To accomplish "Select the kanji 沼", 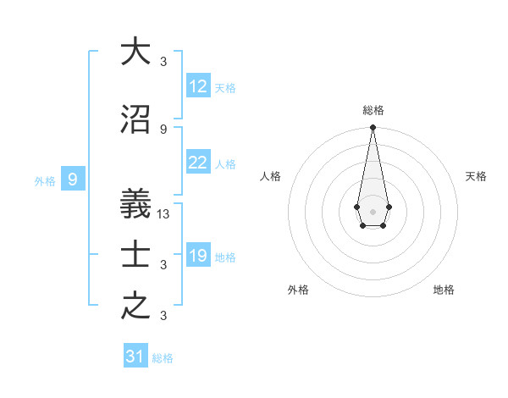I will coord(135,119).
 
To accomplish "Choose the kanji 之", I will coord(135,307).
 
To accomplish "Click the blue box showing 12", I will coord(198,86).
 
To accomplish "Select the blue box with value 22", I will coord(198,163).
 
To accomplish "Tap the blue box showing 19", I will coord(198,257).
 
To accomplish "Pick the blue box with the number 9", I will coord(73,179).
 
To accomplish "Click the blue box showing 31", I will coord(135,357).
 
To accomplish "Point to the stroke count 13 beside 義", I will coord(163,214).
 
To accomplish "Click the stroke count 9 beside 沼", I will coord(163,129).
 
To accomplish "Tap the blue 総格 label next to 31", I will coord(163,358).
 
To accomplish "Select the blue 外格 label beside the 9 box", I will coord(45,180).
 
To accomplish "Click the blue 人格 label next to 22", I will coord(225,164).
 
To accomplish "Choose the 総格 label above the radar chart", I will coord(373,110).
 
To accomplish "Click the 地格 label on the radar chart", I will coord(444,290).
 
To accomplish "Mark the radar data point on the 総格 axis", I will coord(373,127).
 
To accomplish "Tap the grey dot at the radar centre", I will coord(373,210).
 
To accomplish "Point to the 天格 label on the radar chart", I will coord(476,176).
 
